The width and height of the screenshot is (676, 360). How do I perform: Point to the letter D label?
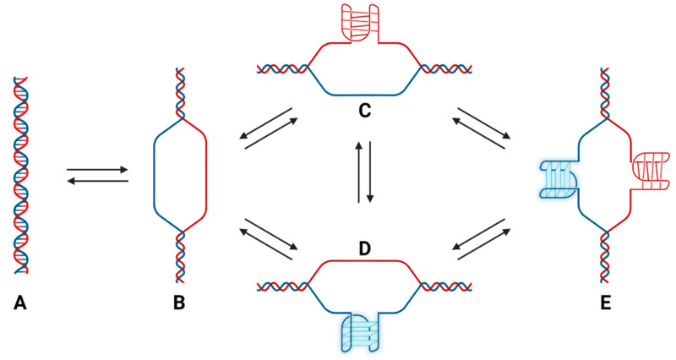point(364,250)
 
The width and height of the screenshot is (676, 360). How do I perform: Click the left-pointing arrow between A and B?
point(97,181)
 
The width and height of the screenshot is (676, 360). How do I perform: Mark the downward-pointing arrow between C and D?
point(369,172)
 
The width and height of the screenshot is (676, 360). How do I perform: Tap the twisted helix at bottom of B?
point(180,254)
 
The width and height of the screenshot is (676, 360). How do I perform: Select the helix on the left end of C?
point(283,68)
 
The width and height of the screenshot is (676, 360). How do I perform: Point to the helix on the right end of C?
point(444,68)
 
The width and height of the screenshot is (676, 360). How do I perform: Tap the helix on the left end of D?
point(283,286)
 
